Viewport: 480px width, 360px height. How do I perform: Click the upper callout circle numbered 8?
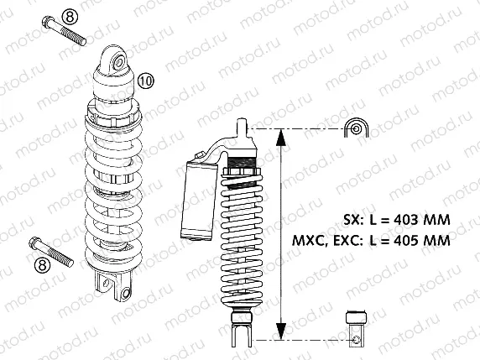[x=47, y=16]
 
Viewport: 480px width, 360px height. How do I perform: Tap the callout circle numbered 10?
[x=145, y=81]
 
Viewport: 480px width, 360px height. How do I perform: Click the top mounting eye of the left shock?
[x=117, y=60]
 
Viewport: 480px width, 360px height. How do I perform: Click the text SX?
[x=354, y=221]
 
